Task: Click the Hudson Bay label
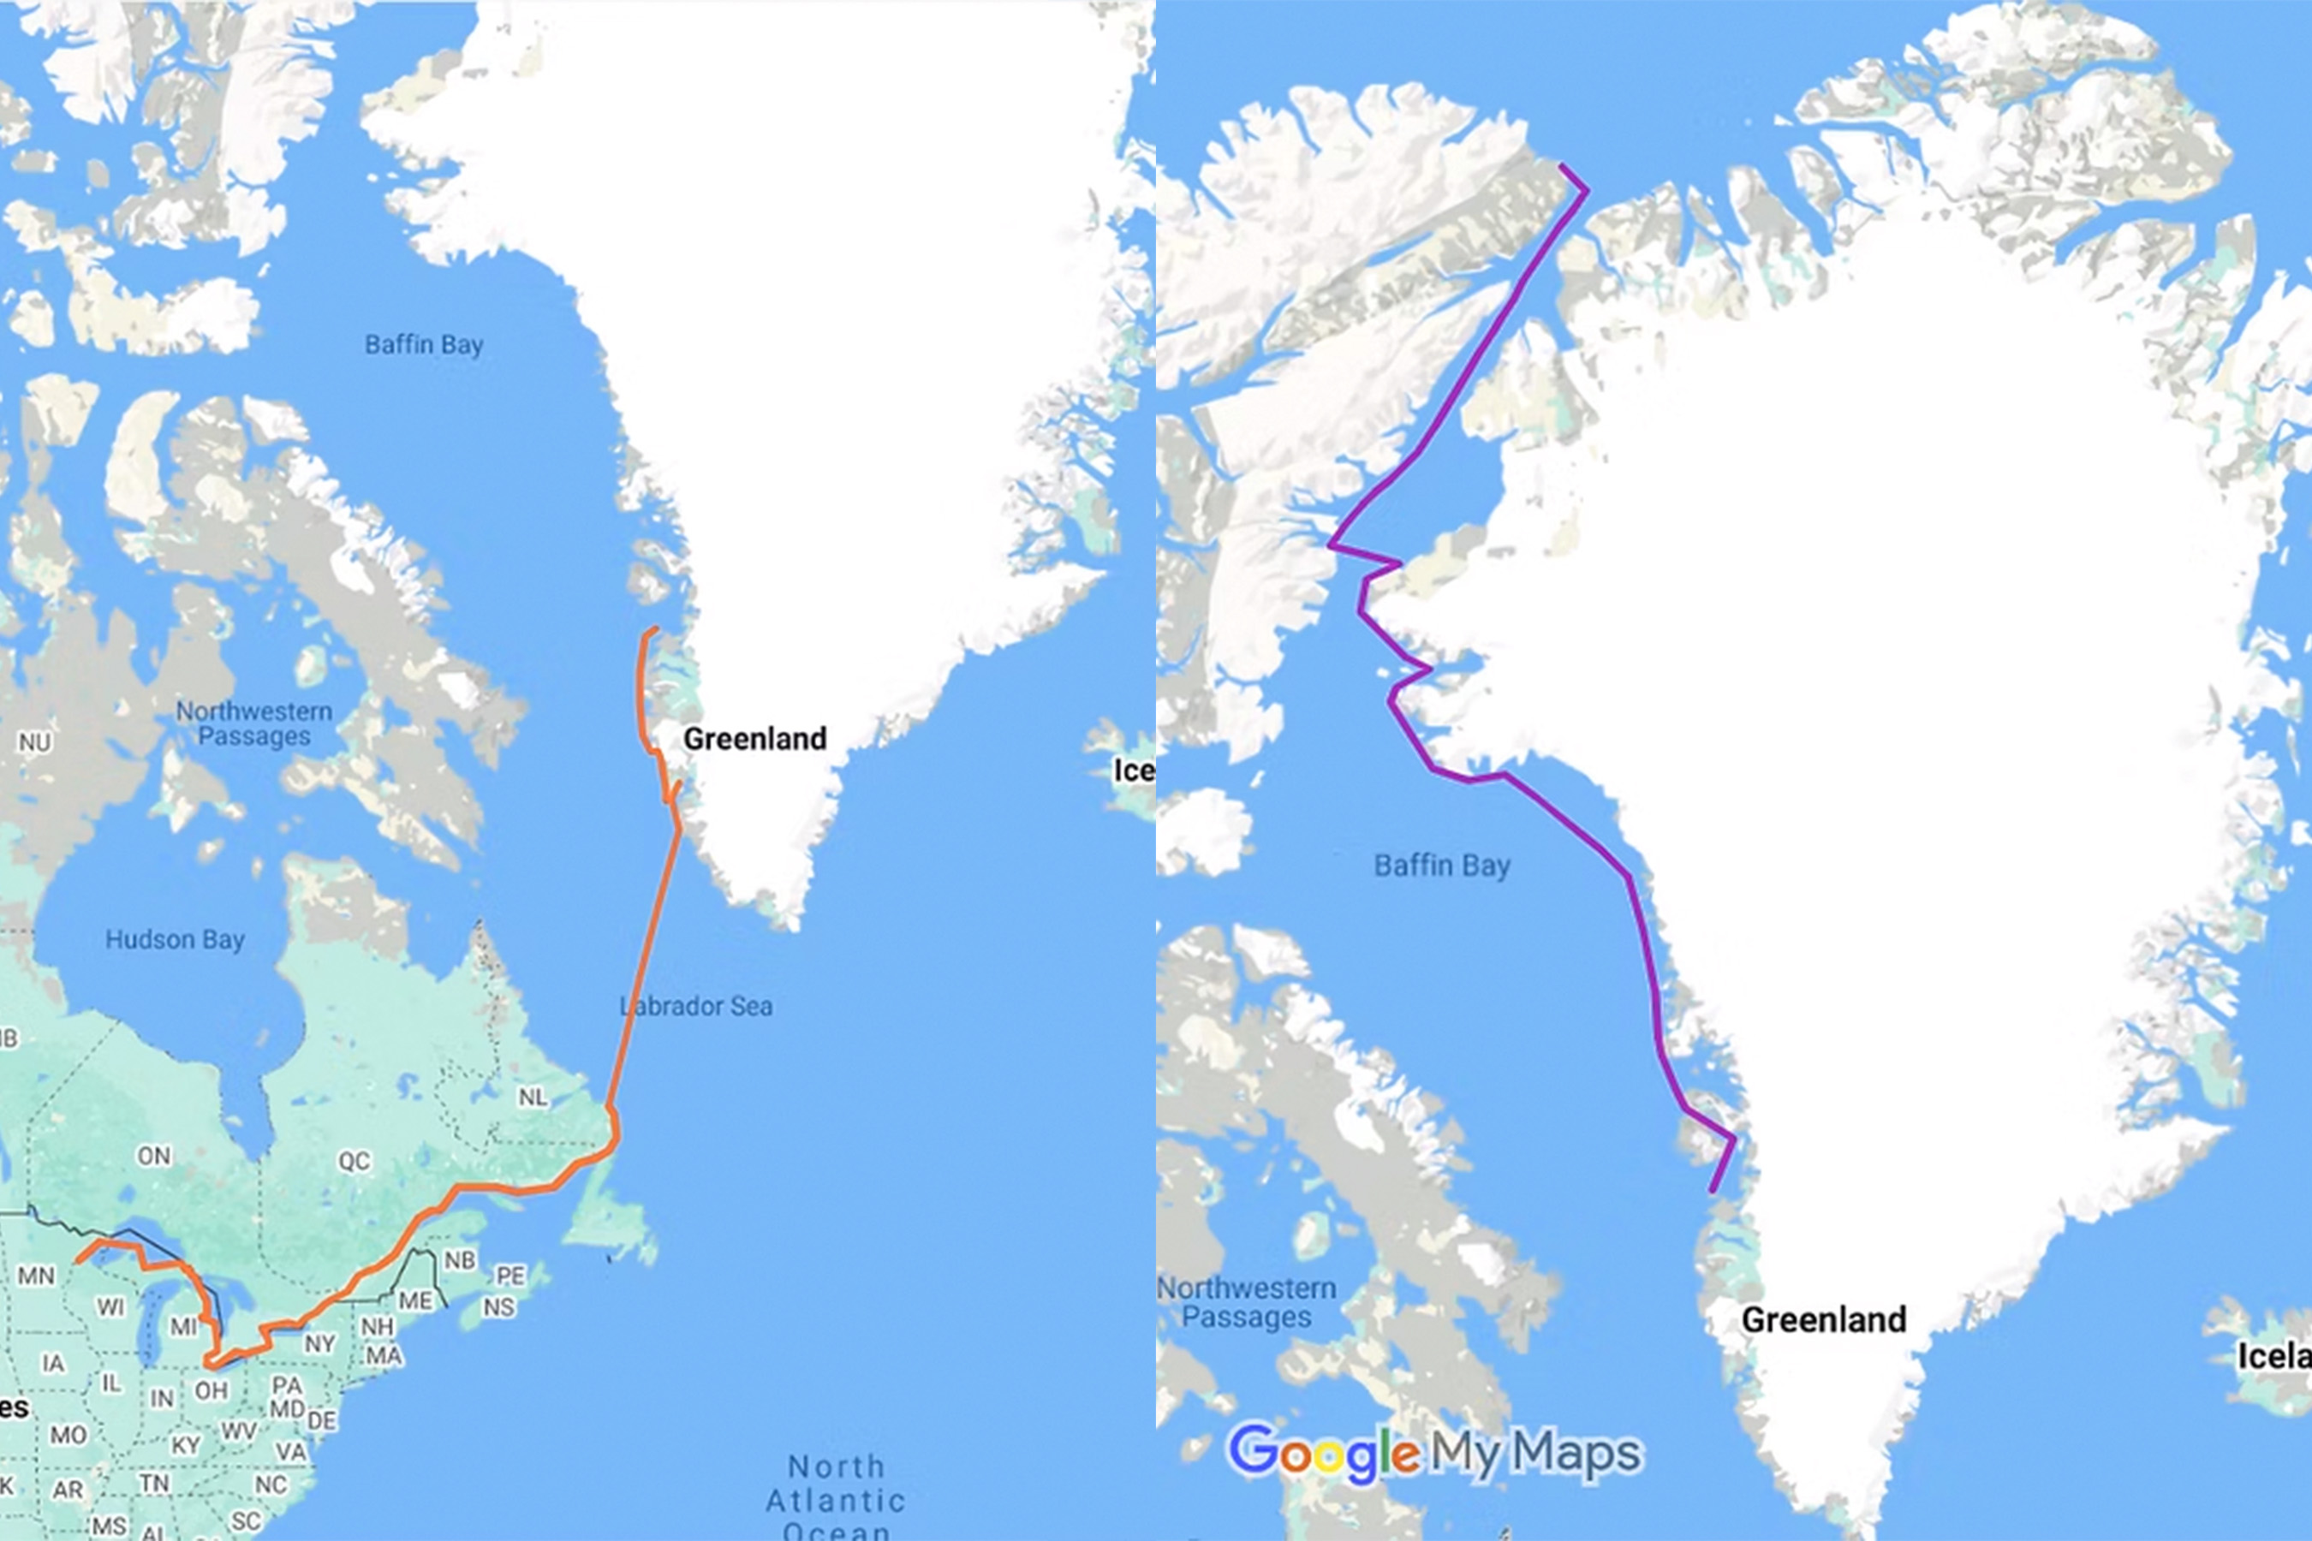pyautogui.click(x=175, y=939)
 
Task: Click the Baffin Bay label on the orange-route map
pyautogui.click(x=424, y=345)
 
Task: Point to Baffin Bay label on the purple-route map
pyautogui.click(x=1441, y=866)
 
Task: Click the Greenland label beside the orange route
pyautogui.click(x=755, y=739)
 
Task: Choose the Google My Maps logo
pyautogui.click(x=1434, y=1452)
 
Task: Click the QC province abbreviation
pyautogui.click(x=354, y=1161)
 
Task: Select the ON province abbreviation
pyautogui.click(x=153, y=1156)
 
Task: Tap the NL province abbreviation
pyautogui.click(x=533, y=1097)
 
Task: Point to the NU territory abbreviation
pyautogui.click(x=34, y=742)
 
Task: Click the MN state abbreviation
pyautogui.click(x=36, y=1276)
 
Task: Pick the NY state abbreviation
pyautogui.click(x=319, y=1343)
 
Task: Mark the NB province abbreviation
pyautogui.click(x=460, y=1260)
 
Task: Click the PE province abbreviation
pyautogui.click(x=509, y=1276)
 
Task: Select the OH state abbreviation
pyautogui.click(x=212, y=1390)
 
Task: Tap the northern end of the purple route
pyautogui.click(x=1562, y=165)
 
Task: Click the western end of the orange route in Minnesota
pyautogui.click(x=79, y=1260)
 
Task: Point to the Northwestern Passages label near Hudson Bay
pyautogui.click(x=253, y=723)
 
